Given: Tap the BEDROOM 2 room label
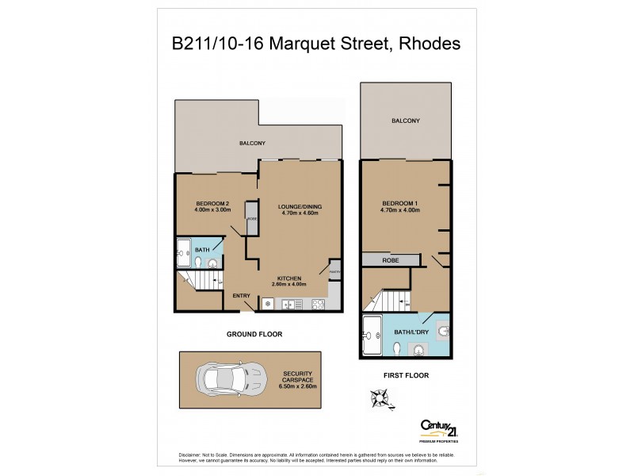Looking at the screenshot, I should tap(212, 205).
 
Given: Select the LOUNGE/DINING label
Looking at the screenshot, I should tap(300, 208).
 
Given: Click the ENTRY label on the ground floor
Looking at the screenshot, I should tap(241, 296).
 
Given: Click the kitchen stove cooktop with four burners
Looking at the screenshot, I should tap(319, 304).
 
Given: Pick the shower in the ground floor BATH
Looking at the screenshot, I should tap(183, 250).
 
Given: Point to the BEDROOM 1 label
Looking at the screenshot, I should tap(399, 204).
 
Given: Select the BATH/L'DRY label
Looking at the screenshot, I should tap(408, 333).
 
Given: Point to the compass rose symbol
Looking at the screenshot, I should tap(379, 398).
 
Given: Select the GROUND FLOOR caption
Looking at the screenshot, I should tap(254, 334).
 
